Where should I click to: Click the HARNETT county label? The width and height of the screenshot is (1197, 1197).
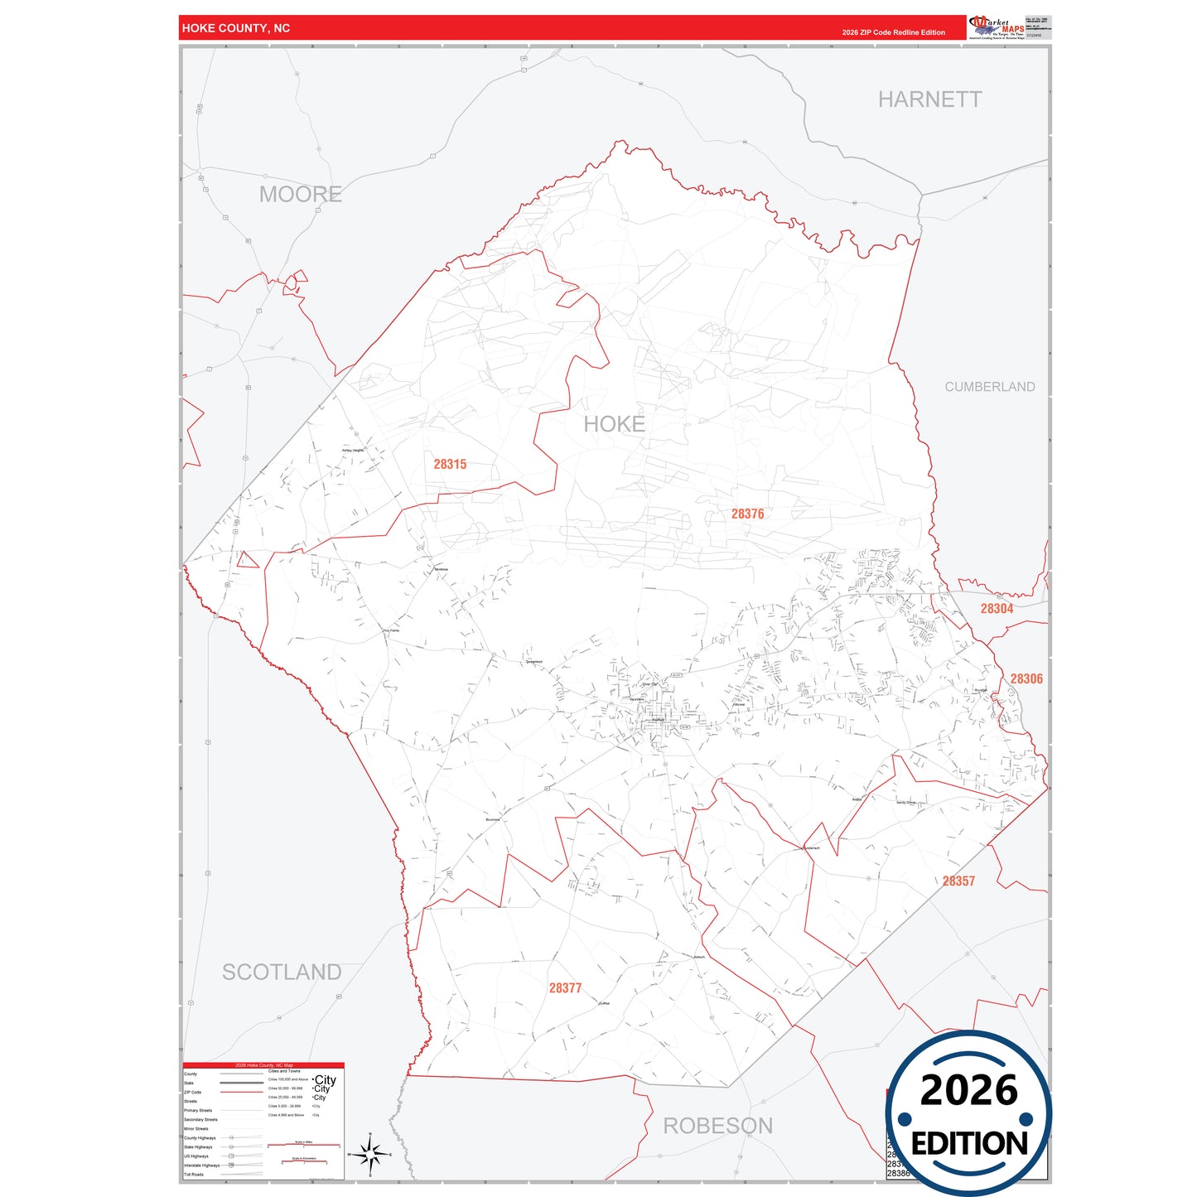tap(929, 99)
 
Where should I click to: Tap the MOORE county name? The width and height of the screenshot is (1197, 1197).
tap(300, 195)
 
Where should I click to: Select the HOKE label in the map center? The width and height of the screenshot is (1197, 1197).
tap(614, 424)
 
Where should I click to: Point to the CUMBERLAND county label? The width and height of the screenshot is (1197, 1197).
tap(989, 387)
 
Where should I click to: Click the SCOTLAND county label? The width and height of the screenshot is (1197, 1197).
tap(282, 972)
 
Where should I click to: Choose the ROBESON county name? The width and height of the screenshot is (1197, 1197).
tap(717, 1126)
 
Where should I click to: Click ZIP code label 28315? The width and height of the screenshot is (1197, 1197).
tap(450, 464)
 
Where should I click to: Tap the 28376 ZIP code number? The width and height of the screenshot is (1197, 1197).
tap(747, 514)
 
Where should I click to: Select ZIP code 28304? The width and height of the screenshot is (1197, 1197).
tap(997, 609)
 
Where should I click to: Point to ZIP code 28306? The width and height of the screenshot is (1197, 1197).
tap(1026, 679)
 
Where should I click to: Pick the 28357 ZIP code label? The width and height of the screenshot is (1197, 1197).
tap(958, 881)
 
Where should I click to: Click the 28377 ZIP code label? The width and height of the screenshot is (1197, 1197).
tap(565, 988)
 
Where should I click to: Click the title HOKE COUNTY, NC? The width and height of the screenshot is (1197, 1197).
tap(236, 28)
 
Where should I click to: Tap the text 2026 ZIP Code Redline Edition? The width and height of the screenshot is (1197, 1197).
tap(893, 32)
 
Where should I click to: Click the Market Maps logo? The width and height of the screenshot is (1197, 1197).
tap(997, 27)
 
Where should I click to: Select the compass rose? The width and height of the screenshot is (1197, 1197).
tap(370, 1154)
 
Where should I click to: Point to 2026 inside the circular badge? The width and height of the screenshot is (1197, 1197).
tap(968, 1090)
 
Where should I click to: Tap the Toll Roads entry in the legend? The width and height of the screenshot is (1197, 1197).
tap(194, 1175)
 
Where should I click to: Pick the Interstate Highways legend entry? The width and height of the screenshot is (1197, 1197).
tap(202, 1166)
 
